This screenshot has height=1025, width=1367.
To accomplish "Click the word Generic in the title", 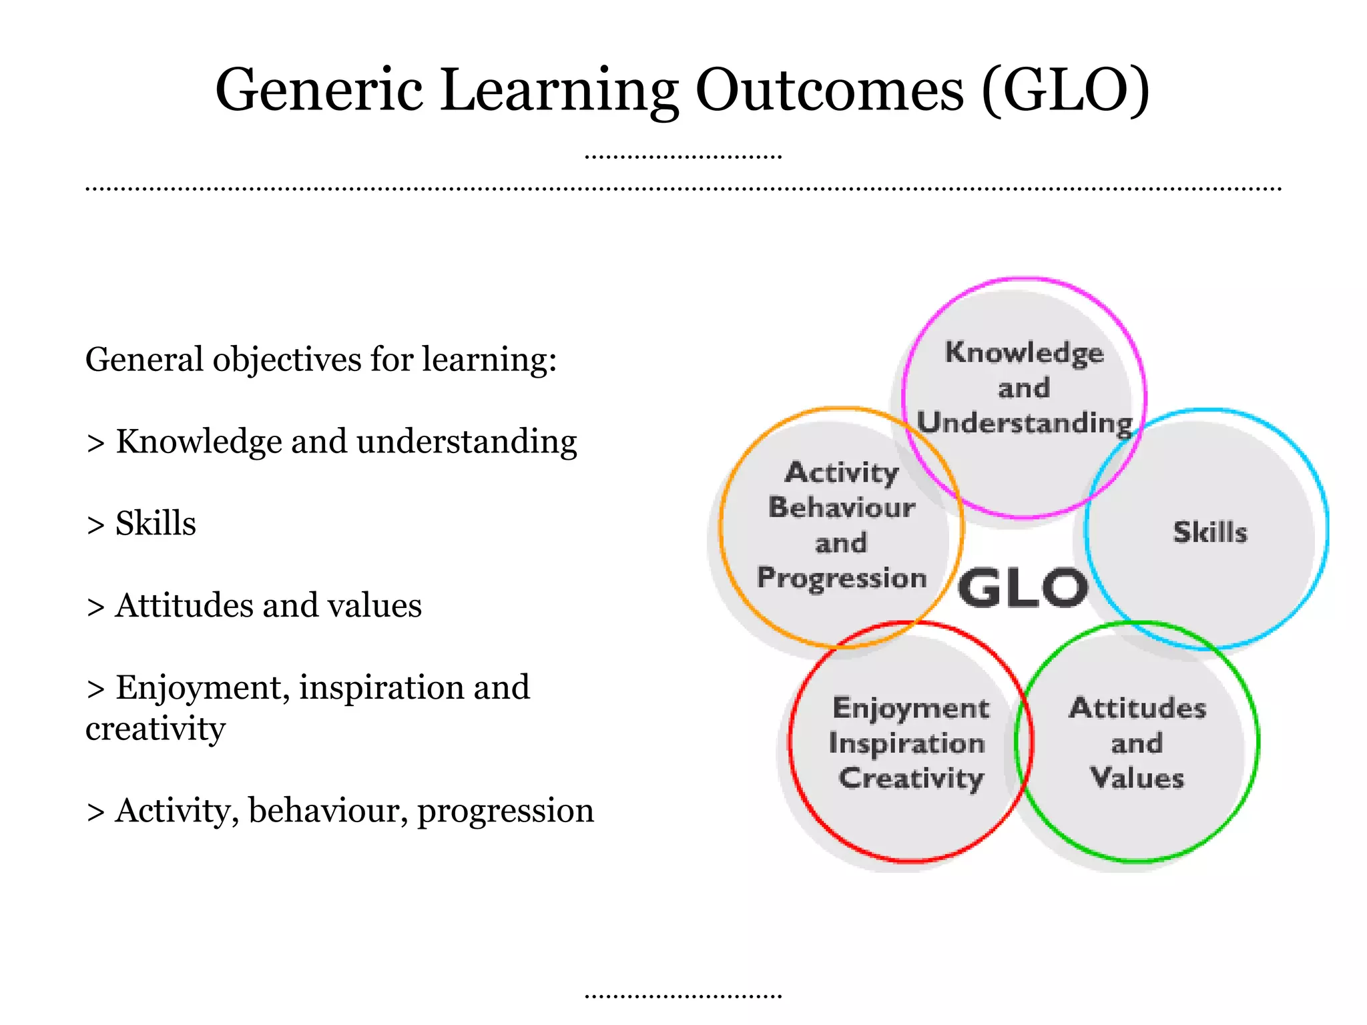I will tap(319, 90).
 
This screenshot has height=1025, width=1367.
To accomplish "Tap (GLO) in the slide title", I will tap(1066, 90).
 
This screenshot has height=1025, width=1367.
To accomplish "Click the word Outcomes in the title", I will tap(830, 90).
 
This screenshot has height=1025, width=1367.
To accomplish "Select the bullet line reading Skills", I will tap(155, 524).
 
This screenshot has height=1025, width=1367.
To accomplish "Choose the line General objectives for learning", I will tap(320, 360).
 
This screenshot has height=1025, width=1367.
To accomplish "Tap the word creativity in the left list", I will tap(156, 729).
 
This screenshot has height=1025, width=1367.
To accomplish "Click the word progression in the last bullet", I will tap(505, 811).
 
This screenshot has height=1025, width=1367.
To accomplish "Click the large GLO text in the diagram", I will tap(1023, 589).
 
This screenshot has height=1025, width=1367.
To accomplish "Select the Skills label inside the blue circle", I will tap(1209, 533).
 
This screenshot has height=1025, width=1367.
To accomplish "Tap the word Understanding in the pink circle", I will tap(1024, 423).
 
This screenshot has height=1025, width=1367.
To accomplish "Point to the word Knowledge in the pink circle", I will tap(1024, 352).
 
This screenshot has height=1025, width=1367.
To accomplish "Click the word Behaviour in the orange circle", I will tap(841, 508).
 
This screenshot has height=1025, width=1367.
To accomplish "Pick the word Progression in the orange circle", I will tap(841, 578).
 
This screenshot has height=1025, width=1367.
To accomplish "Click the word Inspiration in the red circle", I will tap(906, 743).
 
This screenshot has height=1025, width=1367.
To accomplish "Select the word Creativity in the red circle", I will tap(910, 779).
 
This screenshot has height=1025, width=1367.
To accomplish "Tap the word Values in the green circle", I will tap(1137, 779).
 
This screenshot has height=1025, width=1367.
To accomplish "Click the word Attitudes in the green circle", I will tap(1137, 708).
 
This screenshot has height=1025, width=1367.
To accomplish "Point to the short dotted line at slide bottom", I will tap(683, 996).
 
